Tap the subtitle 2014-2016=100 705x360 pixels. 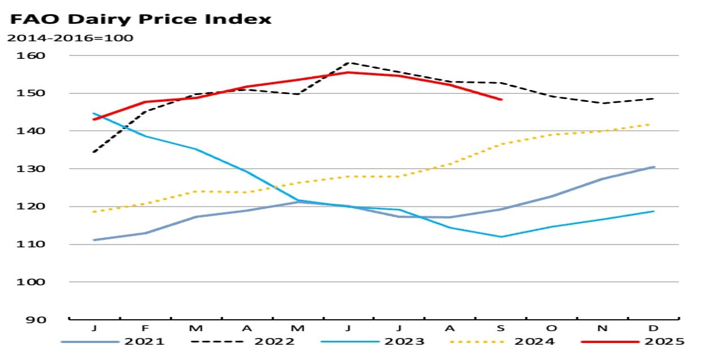point(69,38)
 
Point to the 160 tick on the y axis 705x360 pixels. point(49,55)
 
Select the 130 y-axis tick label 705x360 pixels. point(49,169)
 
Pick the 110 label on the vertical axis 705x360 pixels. point(49,245)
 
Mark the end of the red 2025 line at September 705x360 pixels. point(501,100)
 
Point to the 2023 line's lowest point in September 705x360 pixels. point(501,237)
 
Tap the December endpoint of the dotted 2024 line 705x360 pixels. point(654,124)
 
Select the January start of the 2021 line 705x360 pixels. point(94,240)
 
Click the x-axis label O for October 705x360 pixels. point(552,328)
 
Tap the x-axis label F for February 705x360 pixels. point(145,328)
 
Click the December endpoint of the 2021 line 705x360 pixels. point(654,167)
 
